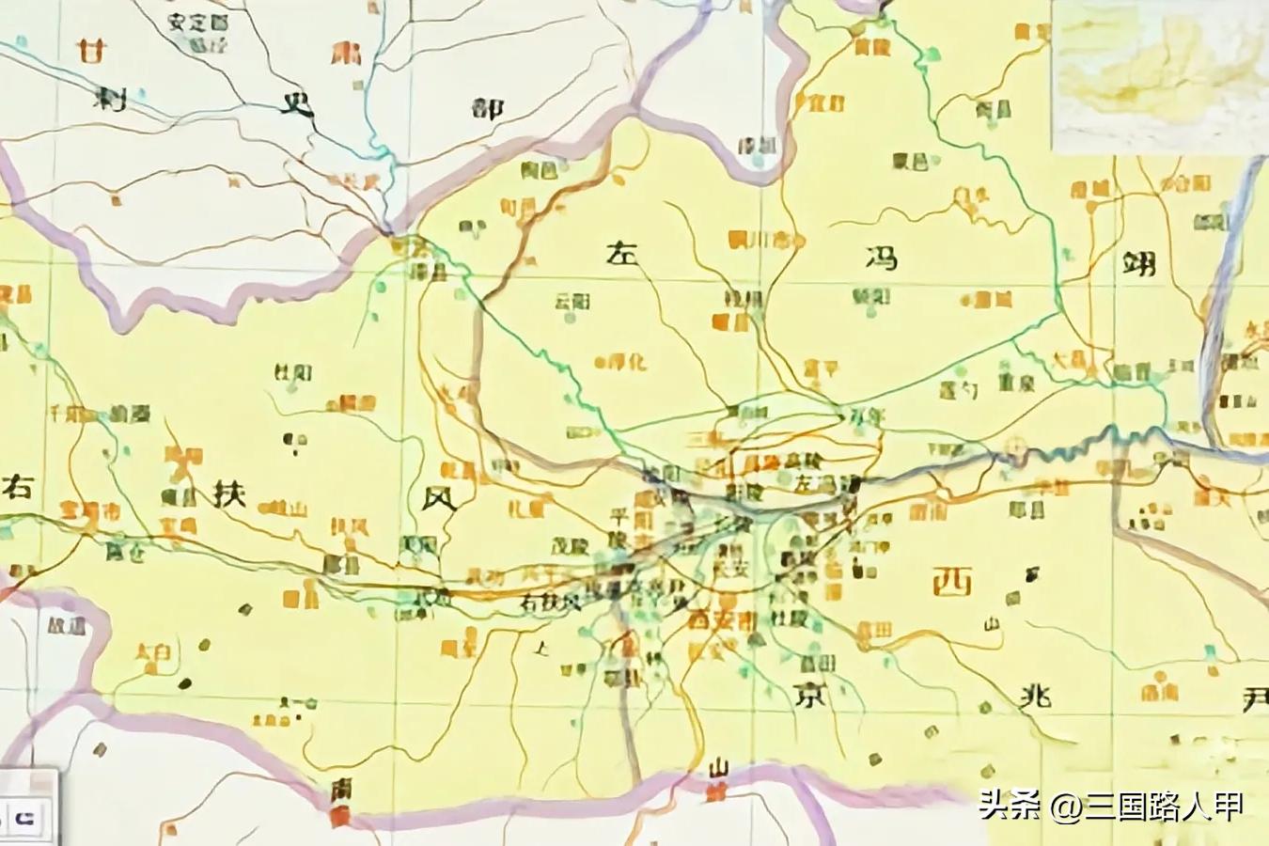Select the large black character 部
point(487,108)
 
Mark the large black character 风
point(440,495)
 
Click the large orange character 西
point(951,584)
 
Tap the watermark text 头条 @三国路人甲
point(1111,806)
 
